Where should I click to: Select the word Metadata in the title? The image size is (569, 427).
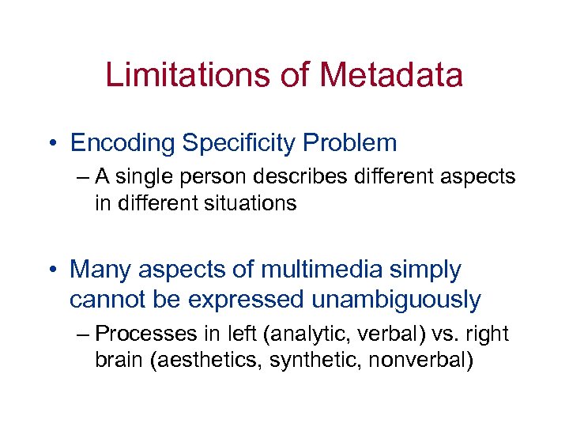coord(391,75)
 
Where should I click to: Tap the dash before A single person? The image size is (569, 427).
coord(84,177)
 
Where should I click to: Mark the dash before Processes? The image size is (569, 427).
coord(84,334)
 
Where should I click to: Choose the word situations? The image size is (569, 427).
coord(251,203)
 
